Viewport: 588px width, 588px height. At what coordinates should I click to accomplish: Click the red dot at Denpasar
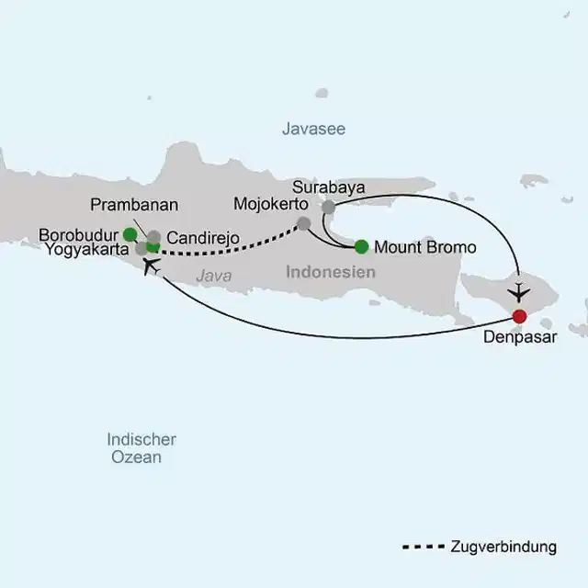point(519,316)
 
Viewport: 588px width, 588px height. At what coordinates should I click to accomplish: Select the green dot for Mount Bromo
point(361,245)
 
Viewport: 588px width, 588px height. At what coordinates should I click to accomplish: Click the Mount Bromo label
point(426,246)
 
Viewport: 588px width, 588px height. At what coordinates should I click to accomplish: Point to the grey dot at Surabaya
point(329,208)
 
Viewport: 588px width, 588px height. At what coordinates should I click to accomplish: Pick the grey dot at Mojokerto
point(304,222)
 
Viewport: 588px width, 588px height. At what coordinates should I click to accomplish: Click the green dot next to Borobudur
point(130,233)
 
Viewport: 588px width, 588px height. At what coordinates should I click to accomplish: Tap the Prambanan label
point(134,205)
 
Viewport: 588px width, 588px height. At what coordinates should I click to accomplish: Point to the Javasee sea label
point(313,130)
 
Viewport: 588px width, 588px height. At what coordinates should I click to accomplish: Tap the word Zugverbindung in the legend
point(503,547)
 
